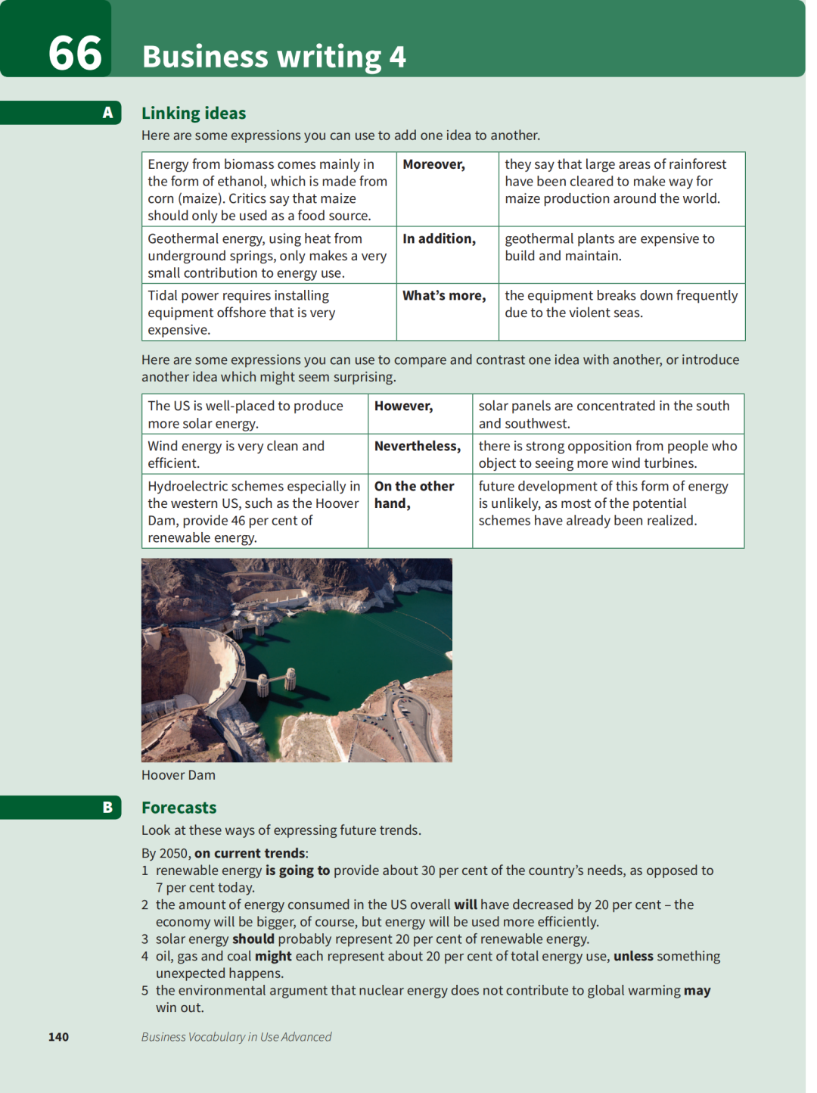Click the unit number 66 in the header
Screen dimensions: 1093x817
click(x=75, y=53)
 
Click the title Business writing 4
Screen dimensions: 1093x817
click(x=274, y=57)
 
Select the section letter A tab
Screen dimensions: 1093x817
click(x=107, y=113)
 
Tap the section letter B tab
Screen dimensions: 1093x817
click(x=107, y=808)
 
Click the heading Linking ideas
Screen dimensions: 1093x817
click(x=194, y=114)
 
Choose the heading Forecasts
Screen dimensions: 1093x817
click(x=179, y=808)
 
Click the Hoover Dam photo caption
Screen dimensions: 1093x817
click(x=179, y=775)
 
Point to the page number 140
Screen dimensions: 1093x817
click(x=58, y=1037)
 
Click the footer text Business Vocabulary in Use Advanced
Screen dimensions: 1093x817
click(x=236, y=1037)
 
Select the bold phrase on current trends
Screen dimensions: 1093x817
click(x=250, y=853)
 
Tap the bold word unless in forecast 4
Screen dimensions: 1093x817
click(x=633, y=956)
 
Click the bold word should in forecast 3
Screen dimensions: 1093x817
click(x=253, y=939)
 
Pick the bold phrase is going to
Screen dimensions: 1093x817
click(x=297, y=870)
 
